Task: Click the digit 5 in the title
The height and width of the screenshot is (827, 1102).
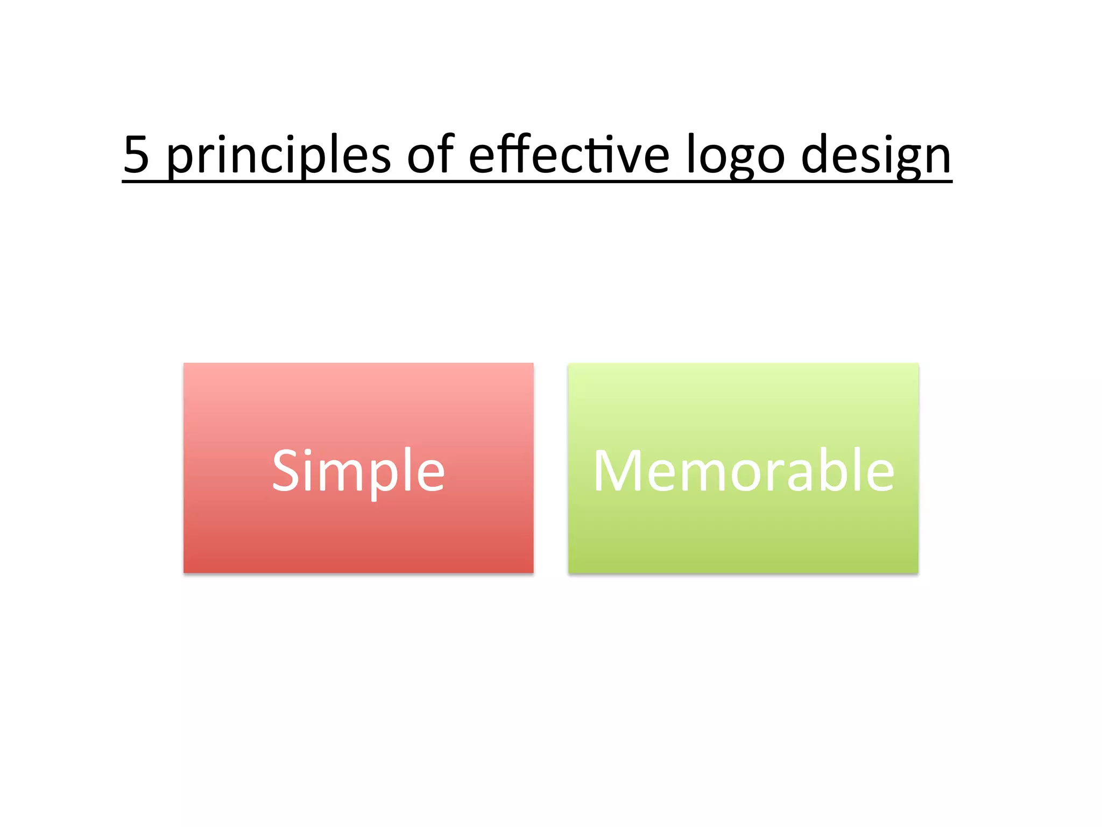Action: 137,155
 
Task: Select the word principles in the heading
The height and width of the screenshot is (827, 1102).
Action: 278,156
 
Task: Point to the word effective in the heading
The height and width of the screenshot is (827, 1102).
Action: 569,155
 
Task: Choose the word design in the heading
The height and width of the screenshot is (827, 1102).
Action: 876,156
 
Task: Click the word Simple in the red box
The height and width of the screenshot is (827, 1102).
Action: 358,471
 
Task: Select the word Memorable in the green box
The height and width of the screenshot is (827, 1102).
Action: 743,471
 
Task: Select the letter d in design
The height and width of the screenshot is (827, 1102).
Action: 816,155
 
